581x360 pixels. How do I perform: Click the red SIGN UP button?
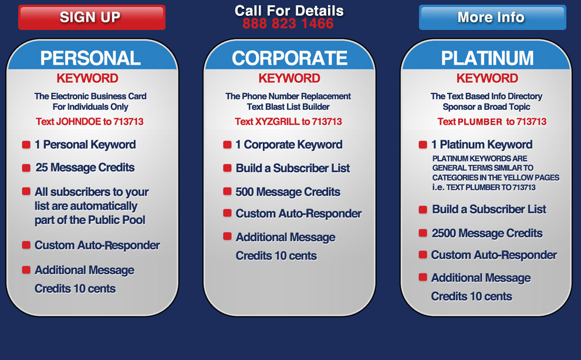pyautogui.click(x=92, y=18)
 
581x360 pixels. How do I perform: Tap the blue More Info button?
pyautogui.click(x=492, y=18)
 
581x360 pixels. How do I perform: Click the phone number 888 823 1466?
pyautogui.click(x=288, y=23)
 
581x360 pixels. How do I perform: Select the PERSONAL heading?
pyautogui.click(x=90, y=58)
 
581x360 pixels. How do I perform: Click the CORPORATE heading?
pyautogui.click(x=289, y=58)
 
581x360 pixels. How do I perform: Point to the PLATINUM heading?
pyautogui.click(x=487, y=58)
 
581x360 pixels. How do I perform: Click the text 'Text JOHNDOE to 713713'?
pyautogui.click(x=90, y=122)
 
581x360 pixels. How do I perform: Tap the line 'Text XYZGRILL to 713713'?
pyautogui.click(x=288, y=122)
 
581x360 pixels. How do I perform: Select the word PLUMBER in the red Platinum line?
pyautogui.click(x=480, y=122)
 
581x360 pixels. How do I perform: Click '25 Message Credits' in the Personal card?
pyautogui.click(x=85, y=167)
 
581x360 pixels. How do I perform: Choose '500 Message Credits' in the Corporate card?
pyautogui.click(x=288, y=192)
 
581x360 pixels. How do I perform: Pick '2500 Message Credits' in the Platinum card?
pyautogui.click(x=487, y=233)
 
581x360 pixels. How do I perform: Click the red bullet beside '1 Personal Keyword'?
pyautogui.click(x=26, y=144)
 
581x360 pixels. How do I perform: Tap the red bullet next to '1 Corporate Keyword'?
pyautogui.click(x=227, y=144)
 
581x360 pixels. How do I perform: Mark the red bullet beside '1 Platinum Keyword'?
pyautogui.click(x=423, y=144)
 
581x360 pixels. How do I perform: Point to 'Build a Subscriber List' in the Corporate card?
pyautogui.click(x=293, y=169)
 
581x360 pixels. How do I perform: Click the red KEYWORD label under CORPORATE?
pyautogui.click(x=289, y=78)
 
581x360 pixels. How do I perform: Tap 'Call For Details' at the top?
pyautogui.click(x=289, y=11)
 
